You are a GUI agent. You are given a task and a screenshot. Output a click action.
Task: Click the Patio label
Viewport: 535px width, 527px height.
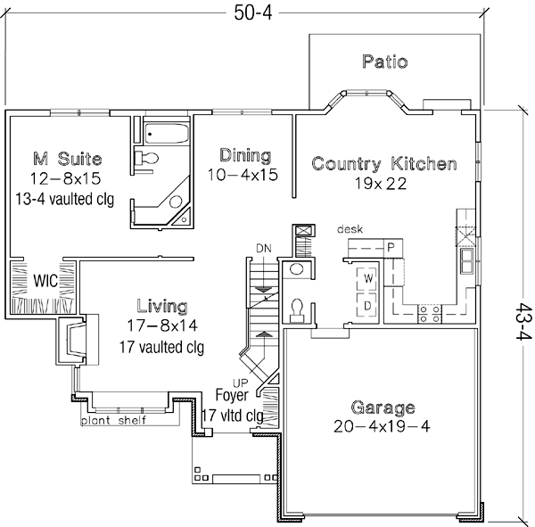coord(385,62)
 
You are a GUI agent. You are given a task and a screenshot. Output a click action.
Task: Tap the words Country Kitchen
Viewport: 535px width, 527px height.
coord(384,164)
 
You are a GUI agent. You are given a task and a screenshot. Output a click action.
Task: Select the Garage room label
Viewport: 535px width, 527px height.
coord(383,408)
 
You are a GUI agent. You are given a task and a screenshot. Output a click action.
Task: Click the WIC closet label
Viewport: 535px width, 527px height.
coord(45,280)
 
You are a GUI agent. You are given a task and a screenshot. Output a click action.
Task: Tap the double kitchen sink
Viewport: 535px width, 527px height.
coord(465,259)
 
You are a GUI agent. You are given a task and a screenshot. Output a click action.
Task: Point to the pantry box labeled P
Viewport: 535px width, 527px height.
coord(391,247)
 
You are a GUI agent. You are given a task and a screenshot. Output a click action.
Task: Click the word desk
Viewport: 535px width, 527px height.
coord(350,230)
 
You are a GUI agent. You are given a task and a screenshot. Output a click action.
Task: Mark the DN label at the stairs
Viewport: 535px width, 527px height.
coord(263,246)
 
